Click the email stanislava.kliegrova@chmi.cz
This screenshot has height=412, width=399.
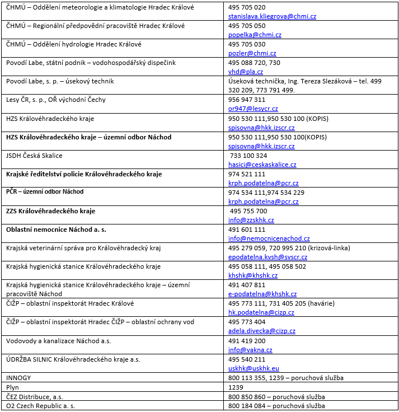[x=272, y=16]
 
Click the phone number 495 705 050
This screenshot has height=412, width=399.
[x=247, y=26]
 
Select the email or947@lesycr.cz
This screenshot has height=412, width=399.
[x=253, y=109]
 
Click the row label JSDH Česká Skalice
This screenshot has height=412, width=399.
[x=34, y=155]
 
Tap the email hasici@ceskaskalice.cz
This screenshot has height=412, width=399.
[x=262, y=165]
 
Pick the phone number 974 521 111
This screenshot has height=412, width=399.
[x=247, y=174]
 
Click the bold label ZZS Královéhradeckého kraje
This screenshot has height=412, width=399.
[x=50, y=211]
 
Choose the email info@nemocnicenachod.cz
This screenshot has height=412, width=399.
[x=269, y=238]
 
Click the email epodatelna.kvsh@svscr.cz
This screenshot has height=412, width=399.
[x=267, y=257]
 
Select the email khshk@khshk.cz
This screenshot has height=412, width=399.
[x=253, y=275]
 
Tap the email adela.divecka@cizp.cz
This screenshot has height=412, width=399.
[x=262, y=331]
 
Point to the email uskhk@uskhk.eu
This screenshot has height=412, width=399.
[x=254, y=368]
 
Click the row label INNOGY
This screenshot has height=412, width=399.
[x=18, y=378]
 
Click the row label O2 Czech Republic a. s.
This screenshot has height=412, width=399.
[x=40, y=405]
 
